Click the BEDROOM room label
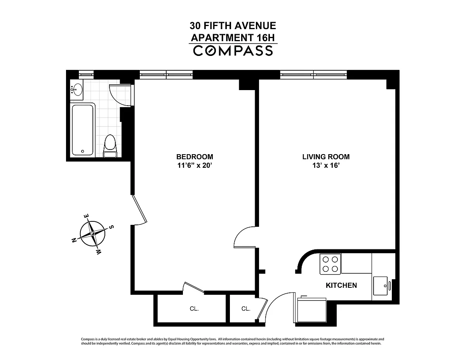(195, 157)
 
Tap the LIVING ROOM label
(326, 157)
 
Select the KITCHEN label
(341, 285)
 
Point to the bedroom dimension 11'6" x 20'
(195, 165)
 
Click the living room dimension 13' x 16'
(326, 165)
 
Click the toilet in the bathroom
(110, 146)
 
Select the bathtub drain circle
(83, 151)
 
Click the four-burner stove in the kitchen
(330, 264)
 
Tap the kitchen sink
(381, 286)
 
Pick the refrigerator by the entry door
(311, 310)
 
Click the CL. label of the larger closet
(194, 309)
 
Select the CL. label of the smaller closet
(246, 309)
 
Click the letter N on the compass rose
(75, 240)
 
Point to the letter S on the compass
(111, 227)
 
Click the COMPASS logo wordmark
(233, 51)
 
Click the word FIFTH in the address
(217, 26)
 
